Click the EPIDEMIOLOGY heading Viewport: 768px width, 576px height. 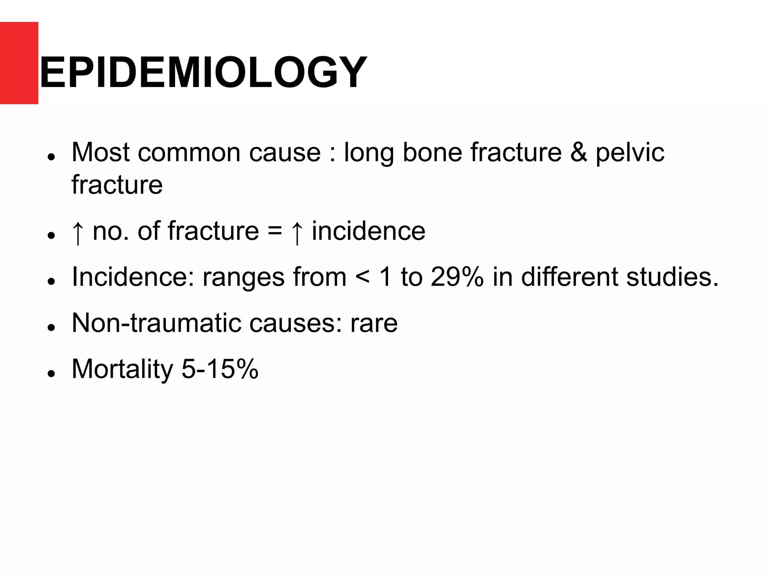(202, 72)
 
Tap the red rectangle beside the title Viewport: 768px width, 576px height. (19, 63)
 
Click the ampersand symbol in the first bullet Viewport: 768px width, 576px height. (578, 152)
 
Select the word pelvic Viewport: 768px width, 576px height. (630, 153)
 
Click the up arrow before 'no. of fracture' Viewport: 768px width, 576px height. (78, 232)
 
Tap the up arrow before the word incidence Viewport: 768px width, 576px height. (297, 232)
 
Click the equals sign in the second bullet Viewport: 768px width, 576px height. (274, 231)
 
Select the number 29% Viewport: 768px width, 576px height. (457, 277)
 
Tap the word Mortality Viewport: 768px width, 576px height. (122, 369)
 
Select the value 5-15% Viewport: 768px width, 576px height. (220, 369)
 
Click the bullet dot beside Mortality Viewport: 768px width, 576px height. (52, 373)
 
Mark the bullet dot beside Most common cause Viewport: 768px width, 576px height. (52, 157)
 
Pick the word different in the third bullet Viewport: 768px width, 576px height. (569, 277)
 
